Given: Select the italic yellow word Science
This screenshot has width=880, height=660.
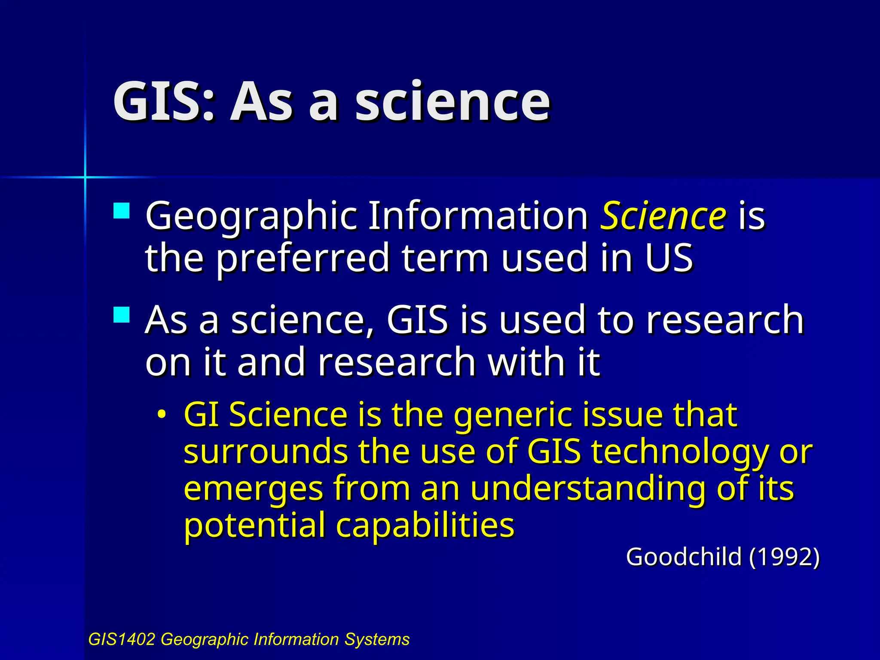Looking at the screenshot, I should (x=663, y=216).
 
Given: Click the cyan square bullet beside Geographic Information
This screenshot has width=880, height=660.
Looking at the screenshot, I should (x=122, y=211).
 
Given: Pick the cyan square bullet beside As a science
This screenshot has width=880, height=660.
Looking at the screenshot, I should (x=122, y=315).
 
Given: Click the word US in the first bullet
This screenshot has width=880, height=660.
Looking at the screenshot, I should (x=669, y=258).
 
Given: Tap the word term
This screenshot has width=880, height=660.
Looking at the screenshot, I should (x=446, y=258).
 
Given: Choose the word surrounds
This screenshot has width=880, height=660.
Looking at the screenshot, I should (x=266, y=452).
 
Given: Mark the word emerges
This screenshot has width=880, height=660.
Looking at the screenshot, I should (x=253, y=489).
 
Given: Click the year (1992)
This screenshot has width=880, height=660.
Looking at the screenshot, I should (x=785, y=557).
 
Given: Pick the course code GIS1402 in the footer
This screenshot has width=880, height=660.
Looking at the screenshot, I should (x=122, y=639).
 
